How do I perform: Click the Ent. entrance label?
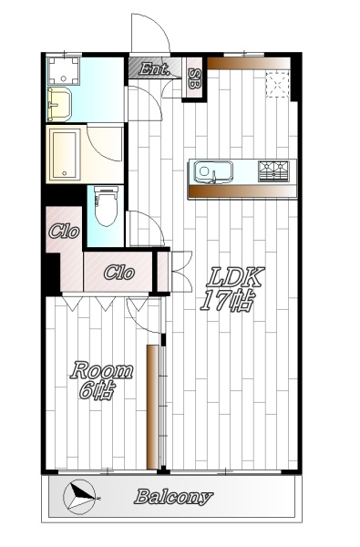(154, 69)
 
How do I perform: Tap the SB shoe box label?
(194, 77)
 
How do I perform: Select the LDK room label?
(235, 277)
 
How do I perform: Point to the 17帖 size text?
(227, 300)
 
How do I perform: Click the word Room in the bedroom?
(101, 371)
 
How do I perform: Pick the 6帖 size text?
(97, 391)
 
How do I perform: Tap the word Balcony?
(173, 496)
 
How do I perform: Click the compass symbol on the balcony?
(80, 497)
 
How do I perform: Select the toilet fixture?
(106, 206)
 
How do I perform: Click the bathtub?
(65, 154)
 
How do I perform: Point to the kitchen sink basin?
(213, 171)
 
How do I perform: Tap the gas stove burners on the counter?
(273, 171)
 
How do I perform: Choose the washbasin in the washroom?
(59, 104)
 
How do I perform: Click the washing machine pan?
(64, 70)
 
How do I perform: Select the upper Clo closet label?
(64, 232)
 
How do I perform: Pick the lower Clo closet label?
(119, 273)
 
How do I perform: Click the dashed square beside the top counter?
(278, 84)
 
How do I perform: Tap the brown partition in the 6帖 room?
(152, 408)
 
